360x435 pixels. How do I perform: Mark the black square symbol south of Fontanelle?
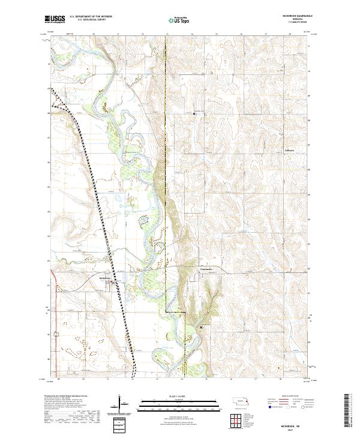click(201, 327)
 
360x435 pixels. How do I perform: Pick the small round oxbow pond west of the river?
click(143, 221)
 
